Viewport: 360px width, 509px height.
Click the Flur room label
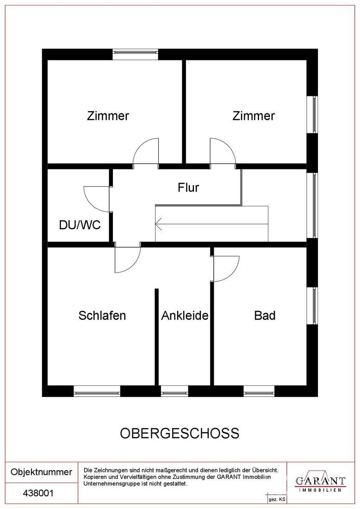pyautogui.click(x=188, y=187)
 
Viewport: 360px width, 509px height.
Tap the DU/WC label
pyautogui.click(x=80, y=224)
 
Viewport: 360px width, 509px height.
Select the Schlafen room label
pyautogui.click(x=102, y=315)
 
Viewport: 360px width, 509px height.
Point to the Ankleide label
pyautogui.click(x=185, y=315)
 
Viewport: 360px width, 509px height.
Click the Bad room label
pyautogui.click(x=265, y=315)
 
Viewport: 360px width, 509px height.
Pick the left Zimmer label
pyautogui.click(x=108, y=116)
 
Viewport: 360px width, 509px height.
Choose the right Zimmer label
pyautogui.click(x=254, y=116)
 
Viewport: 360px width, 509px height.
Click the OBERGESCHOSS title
pyautogui.click(x=180, y=434)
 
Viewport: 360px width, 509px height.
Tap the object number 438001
pyautogui.click(x=38, y=493)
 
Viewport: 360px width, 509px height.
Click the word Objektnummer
pyautogui.click(x=41, y=472)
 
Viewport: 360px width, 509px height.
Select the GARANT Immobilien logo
pyautogui.click(x=320, y=482)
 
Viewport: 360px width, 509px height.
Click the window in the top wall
pyautogui.click(x=136, y=54)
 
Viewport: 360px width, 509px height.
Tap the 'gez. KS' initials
pyautogui.click(x=277, y=500)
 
